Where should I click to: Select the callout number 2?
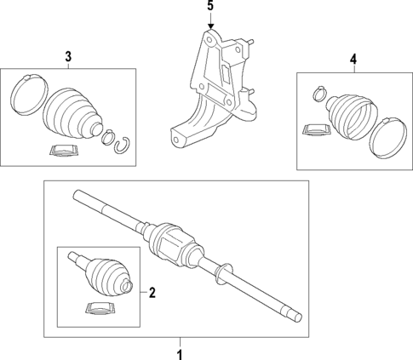click(152, 294)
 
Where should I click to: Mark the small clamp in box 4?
click(319, 89)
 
